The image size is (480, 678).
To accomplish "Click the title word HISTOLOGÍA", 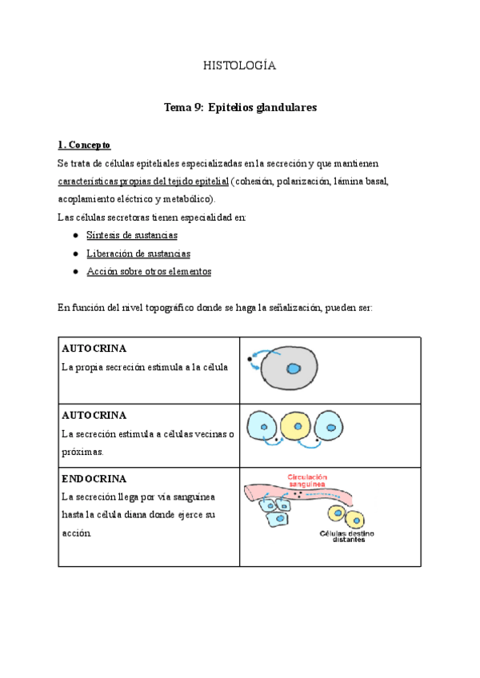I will tap(239, 66).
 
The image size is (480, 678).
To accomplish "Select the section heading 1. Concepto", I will tap(84, 145).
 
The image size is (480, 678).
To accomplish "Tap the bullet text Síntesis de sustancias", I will tap(132, 235).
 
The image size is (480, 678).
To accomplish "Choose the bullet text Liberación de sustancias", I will tap(138, 253).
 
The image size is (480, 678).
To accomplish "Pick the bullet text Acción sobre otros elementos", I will tap(149, 272).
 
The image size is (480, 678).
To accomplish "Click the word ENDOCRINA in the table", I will tap(94, 479).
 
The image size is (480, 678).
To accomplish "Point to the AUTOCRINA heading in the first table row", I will tap(94, 349).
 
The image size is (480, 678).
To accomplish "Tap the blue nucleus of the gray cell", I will tap(294, 369).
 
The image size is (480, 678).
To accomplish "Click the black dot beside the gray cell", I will tap(250, 360).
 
